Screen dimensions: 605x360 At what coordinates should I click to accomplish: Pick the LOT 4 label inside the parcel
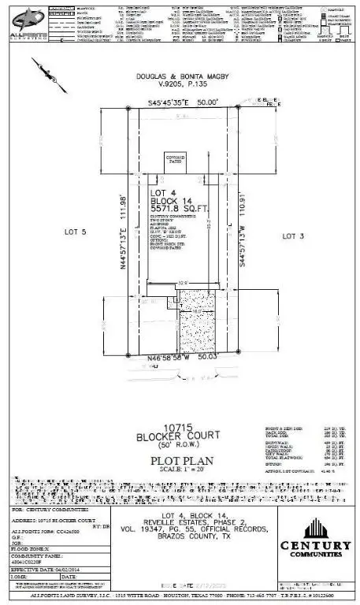click(x=162, y=192)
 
